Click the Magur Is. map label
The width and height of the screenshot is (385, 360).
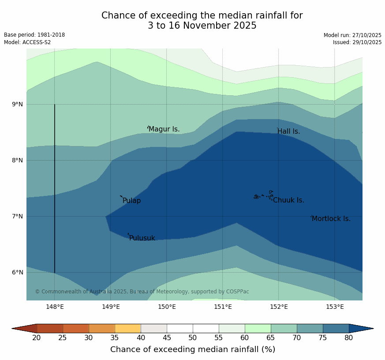164,129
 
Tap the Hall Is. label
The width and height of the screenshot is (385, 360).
289,131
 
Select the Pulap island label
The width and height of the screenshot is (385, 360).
132,201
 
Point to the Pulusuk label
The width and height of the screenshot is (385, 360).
142,238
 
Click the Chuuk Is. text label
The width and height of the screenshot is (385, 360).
288,200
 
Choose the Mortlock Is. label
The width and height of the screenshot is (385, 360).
331,219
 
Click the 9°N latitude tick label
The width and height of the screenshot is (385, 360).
18,105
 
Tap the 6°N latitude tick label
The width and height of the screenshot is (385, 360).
18,273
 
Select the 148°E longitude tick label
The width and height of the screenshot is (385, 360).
55,307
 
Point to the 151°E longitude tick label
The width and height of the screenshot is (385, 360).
223,307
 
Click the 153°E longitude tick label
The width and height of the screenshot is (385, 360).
335,307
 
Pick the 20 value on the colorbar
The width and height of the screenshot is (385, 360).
37,338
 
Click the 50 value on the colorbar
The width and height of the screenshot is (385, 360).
193,338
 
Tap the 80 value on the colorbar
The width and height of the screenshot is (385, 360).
348,338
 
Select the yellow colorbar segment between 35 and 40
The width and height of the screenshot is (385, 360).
127,328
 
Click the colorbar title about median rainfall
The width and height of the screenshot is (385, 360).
193,349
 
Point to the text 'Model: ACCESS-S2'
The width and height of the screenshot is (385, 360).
27,42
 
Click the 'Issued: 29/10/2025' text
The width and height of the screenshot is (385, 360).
357,42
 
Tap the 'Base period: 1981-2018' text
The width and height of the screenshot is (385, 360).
34,35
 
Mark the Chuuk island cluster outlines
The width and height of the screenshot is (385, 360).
263,195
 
